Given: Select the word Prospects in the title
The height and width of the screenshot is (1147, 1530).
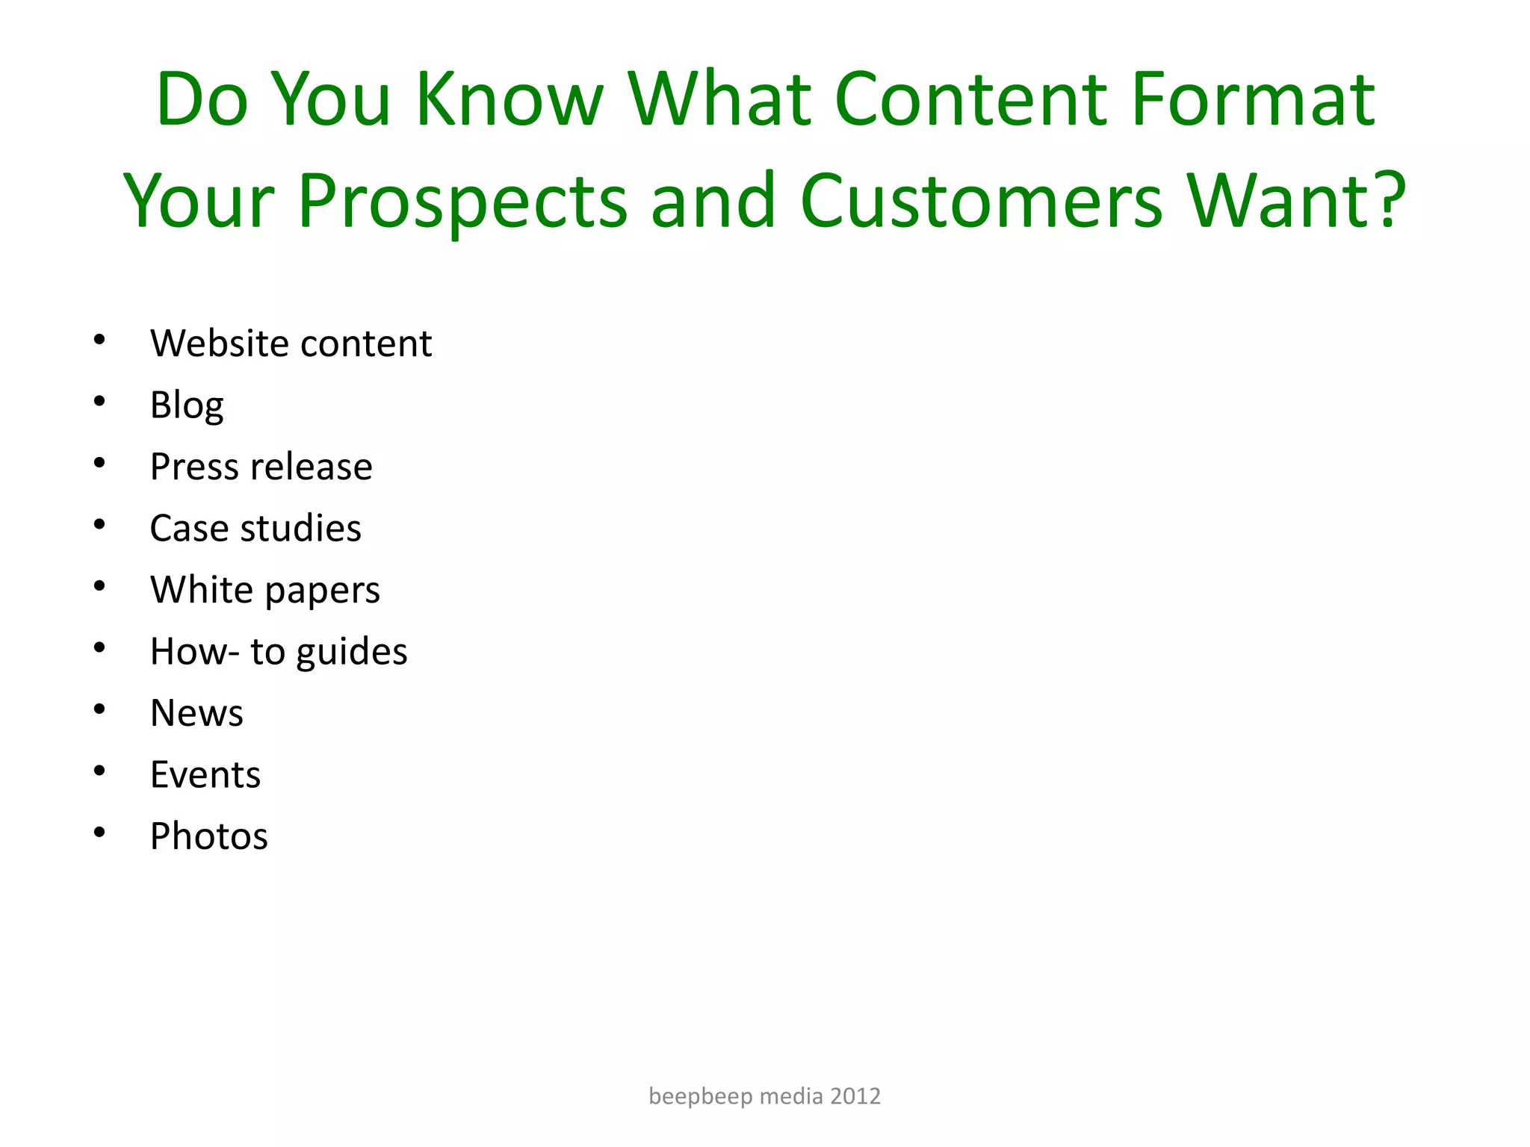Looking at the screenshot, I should pos(462,202).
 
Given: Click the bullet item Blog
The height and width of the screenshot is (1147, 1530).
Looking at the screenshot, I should pos(187,405).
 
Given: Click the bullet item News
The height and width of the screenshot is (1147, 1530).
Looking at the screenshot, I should pos(196,713).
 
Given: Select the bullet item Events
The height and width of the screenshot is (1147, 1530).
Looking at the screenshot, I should pos(205,775).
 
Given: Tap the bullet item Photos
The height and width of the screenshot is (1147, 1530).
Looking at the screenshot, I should pos(208,836).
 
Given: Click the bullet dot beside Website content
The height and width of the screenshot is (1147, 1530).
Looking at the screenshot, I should pos(99,341).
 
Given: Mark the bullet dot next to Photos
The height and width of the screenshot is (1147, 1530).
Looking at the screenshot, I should pos(99,832).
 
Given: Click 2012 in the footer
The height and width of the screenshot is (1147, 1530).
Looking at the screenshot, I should pos(856,1096).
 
